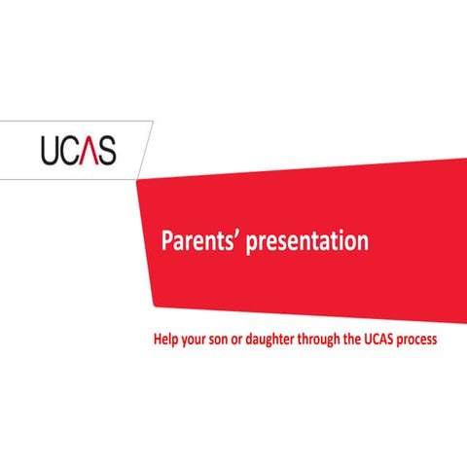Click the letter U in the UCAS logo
pyautogui.click(x=52, y=151)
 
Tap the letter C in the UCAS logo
pyautogui.click(x=71, y=151)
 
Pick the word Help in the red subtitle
pyautogui.click(x=168, y=341)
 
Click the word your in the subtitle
pyautogui.click(x=200, y=342)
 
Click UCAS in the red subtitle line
pyautogui.click(x=401, y=341)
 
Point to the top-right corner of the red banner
pyautogui.click(x=465, y=157)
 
